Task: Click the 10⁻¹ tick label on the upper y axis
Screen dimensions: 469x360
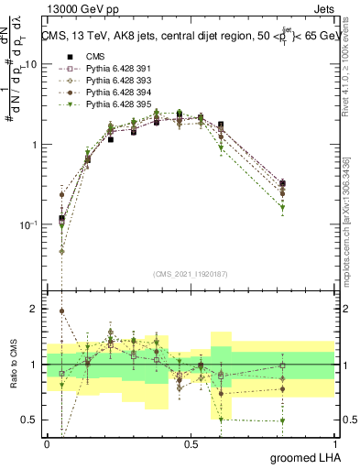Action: pos(29,225)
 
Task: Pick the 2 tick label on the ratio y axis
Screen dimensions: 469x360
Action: pos(36,310)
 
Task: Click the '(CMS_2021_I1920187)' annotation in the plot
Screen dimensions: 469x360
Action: pos(191,273)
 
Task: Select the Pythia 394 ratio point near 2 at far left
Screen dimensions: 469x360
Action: pos(62,311)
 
